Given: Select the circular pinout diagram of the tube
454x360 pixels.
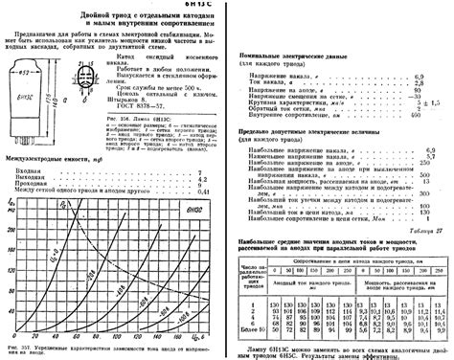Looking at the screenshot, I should [70, 78].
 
